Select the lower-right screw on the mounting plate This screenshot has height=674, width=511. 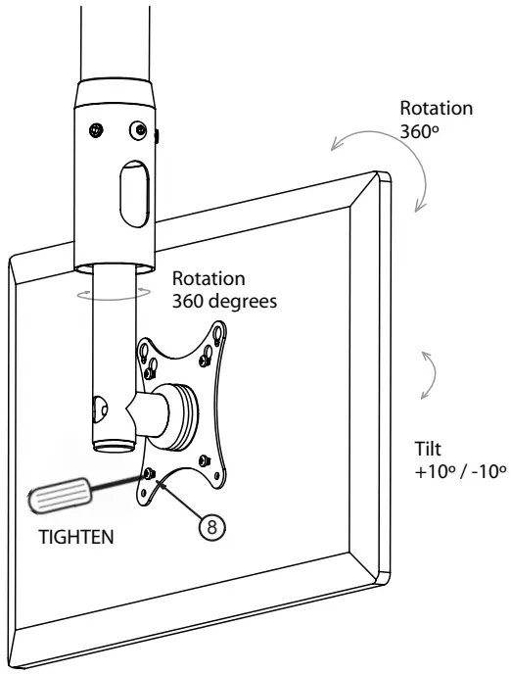(x=202, y=459)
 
